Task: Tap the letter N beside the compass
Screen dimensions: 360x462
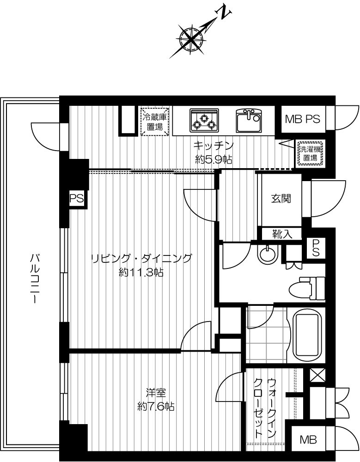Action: click(224, 12)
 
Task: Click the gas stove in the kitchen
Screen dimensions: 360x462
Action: click(204, 121)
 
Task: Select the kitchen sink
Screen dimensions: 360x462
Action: click(249, 121)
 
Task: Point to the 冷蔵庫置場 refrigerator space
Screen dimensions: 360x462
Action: click(155, 122)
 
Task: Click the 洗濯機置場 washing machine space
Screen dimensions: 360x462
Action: click(310, 153)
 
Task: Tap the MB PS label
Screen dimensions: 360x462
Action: click(303, 119)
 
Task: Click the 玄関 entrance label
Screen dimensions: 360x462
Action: click(281, 199)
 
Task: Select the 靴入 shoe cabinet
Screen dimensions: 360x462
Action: click(282, 234)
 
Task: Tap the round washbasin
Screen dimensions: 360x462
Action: click(268, 254)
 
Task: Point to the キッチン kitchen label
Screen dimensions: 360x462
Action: click(214, 145)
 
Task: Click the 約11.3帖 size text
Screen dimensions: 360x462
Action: click(141, 272)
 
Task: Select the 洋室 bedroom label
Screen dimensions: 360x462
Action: click(156, 392)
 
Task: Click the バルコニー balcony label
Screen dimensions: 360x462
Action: click(34, 278)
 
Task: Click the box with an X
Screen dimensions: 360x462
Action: click(317, 375)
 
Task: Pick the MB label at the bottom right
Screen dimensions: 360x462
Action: click(308, 440)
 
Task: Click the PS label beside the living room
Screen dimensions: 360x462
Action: click(76, 199)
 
